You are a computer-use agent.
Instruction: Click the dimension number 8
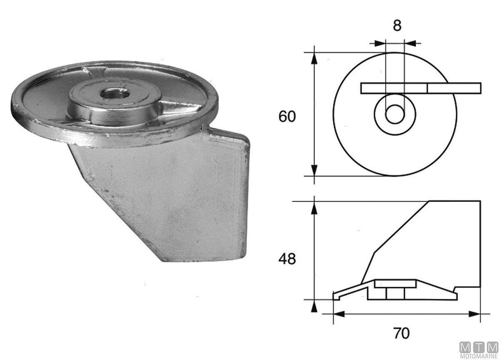pyautogui.click(x=397, y=25)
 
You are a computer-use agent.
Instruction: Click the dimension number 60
pyautogui.click(x=287, y=116)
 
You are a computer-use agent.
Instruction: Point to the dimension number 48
pyautogui.click(x=287, y=259)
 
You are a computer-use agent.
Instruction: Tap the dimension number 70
pyautogui.click(x=401, y=333)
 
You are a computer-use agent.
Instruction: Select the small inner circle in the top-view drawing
pyautogui.click(x=395, y=114)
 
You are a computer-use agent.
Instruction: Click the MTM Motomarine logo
pyautogui.click(x=479, y=350)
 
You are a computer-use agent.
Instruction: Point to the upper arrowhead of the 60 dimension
pyautogui.click(x=314, y=58)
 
